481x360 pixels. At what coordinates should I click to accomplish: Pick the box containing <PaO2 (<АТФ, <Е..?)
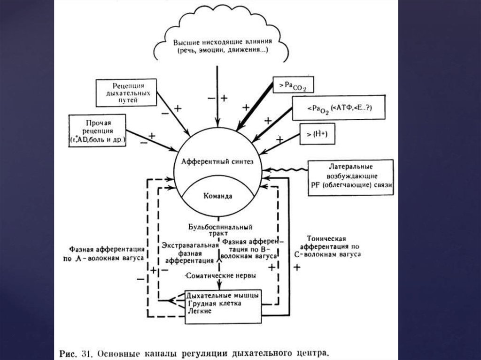coord(338,108)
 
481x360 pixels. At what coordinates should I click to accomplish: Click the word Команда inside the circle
coord(217,196)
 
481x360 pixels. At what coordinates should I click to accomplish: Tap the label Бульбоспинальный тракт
coord(217,229)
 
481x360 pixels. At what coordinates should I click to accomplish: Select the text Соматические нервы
coord(221,276)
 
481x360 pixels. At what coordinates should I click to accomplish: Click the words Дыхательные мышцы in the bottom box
coord(222,296)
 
